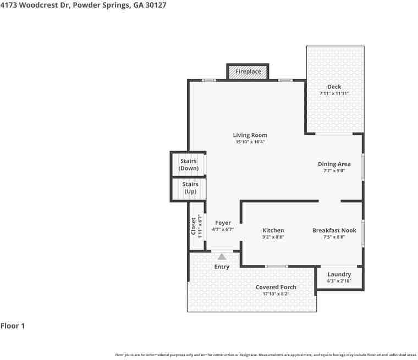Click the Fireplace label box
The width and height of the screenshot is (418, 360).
(x=248, y=72)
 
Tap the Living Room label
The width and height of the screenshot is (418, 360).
(x=250, y=135)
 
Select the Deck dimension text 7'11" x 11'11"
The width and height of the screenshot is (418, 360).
(x=334, y=94)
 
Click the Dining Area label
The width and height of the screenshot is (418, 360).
(x=334, y=164)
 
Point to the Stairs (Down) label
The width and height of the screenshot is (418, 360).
(x=189, y=164)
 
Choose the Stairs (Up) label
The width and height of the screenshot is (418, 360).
(x=190, y=188)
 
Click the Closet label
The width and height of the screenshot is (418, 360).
(x=194, y=226)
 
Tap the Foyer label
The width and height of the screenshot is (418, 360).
(x=223, y=223)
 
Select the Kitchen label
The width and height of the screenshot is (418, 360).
(x=273, y=230)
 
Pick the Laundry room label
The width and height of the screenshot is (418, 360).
(x=339, y=274)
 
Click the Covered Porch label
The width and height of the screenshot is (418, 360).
(x=276, y=287)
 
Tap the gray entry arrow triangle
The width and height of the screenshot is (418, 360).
(x=222, y=257)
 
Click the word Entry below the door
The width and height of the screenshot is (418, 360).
(x=222, y=267)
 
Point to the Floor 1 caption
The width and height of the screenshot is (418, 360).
(x=13, y=326)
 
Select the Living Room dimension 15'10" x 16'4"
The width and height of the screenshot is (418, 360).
(x=250, y=142)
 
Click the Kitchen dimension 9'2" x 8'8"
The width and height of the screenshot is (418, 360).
(x=273, y=237)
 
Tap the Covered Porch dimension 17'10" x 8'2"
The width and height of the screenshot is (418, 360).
(x=276, y=294)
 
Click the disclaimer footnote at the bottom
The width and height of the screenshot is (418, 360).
(x=266, y=355)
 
